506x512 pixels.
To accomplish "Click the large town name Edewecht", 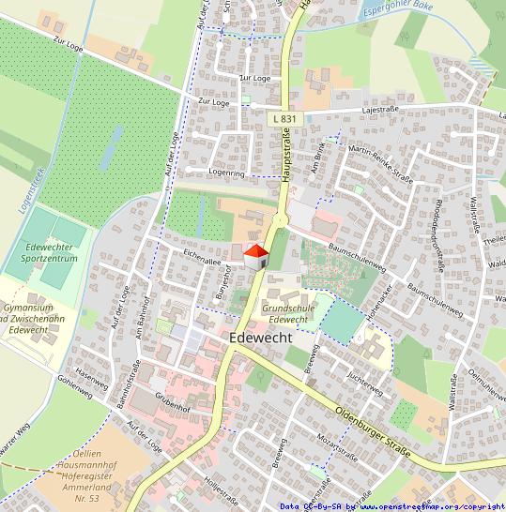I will [261, 338].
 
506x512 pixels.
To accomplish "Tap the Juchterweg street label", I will [364, 383].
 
